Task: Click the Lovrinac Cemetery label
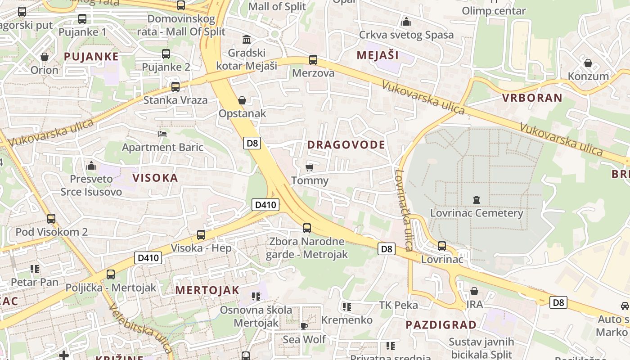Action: pos(477,213)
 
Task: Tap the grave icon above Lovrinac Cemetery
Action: pos(477,199)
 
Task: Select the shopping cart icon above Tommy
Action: pos(309,167)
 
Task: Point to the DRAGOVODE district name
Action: pos(346,144)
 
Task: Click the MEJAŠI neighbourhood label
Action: pos(378,55)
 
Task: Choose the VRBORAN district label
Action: pos(532,98)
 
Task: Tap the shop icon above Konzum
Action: pos(588,63)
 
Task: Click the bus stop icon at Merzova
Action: pos(313,60)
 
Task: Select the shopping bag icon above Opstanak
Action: pos(242,100)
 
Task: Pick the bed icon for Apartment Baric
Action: pos(162,134)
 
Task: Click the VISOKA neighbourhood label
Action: pos(155,178)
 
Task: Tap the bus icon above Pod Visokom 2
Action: pos(51,219)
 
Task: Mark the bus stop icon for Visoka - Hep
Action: pos(201,234)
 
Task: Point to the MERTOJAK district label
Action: pos(207,290)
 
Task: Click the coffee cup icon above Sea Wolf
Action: pos(304,326)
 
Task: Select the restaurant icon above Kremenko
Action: pos(346,307)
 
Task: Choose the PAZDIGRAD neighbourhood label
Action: pos(441,325)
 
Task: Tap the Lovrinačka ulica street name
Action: pos(403,210)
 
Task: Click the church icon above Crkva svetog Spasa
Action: pos(406,22)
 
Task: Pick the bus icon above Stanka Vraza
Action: pos(175,86)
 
